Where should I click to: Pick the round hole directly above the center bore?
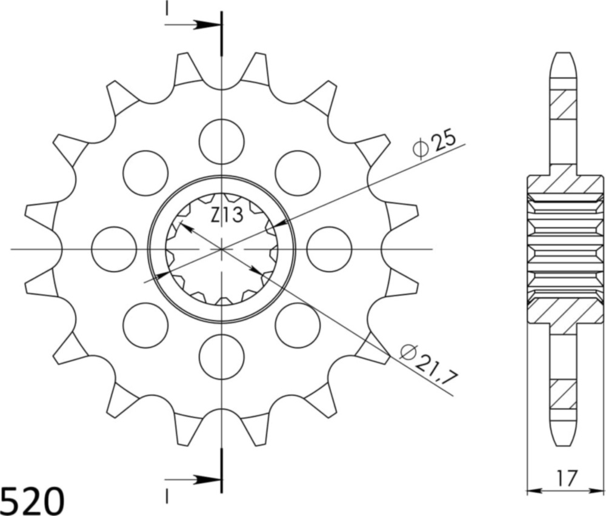coord(222,141)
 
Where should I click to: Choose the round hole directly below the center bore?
coord(222,357)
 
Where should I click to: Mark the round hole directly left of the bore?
coord(114,249)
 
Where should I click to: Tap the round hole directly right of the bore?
coord(329,249)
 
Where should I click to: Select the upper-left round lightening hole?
coord(145,173)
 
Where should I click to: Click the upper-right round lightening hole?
coord(298,173)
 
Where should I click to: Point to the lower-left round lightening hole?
coord(145,325)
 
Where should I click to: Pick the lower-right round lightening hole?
coord(298,325)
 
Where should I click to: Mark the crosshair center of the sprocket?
coord(222,249)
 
